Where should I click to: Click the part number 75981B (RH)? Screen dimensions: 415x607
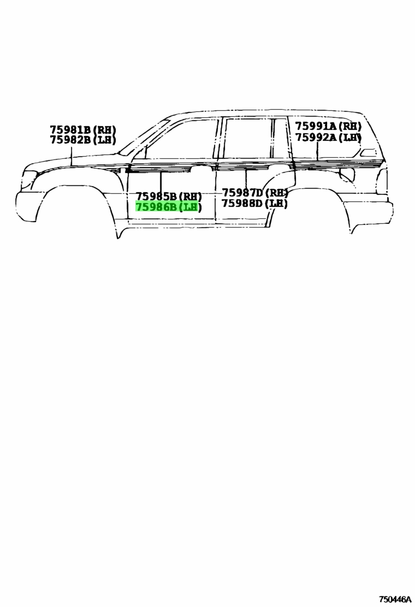coord(83,129)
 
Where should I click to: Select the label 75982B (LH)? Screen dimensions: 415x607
coord(83,140)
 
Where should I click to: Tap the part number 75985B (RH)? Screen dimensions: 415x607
coord(169,197)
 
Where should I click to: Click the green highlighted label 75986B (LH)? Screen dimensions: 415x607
coord(169,207)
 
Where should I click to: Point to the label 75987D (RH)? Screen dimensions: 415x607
coord(254,192)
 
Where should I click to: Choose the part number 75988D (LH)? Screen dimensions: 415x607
coord(254,203)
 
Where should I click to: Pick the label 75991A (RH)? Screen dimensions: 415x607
coord(329,126)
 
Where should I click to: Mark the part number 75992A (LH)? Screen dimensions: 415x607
coord(329,137)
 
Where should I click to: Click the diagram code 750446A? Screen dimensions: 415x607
coord(395,599)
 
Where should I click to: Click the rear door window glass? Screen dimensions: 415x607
coord(248,138)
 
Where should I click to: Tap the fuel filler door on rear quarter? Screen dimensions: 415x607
coord(347,175)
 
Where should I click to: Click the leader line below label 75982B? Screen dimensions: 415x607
coord(72,156)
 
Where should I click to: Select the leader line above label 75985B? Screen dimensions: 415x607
coord(161,181)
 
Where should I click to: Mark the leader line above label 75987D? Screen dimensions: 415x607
coord(246,178)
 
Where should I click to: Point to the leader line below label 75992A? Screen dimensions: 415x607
coord(317,152)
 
